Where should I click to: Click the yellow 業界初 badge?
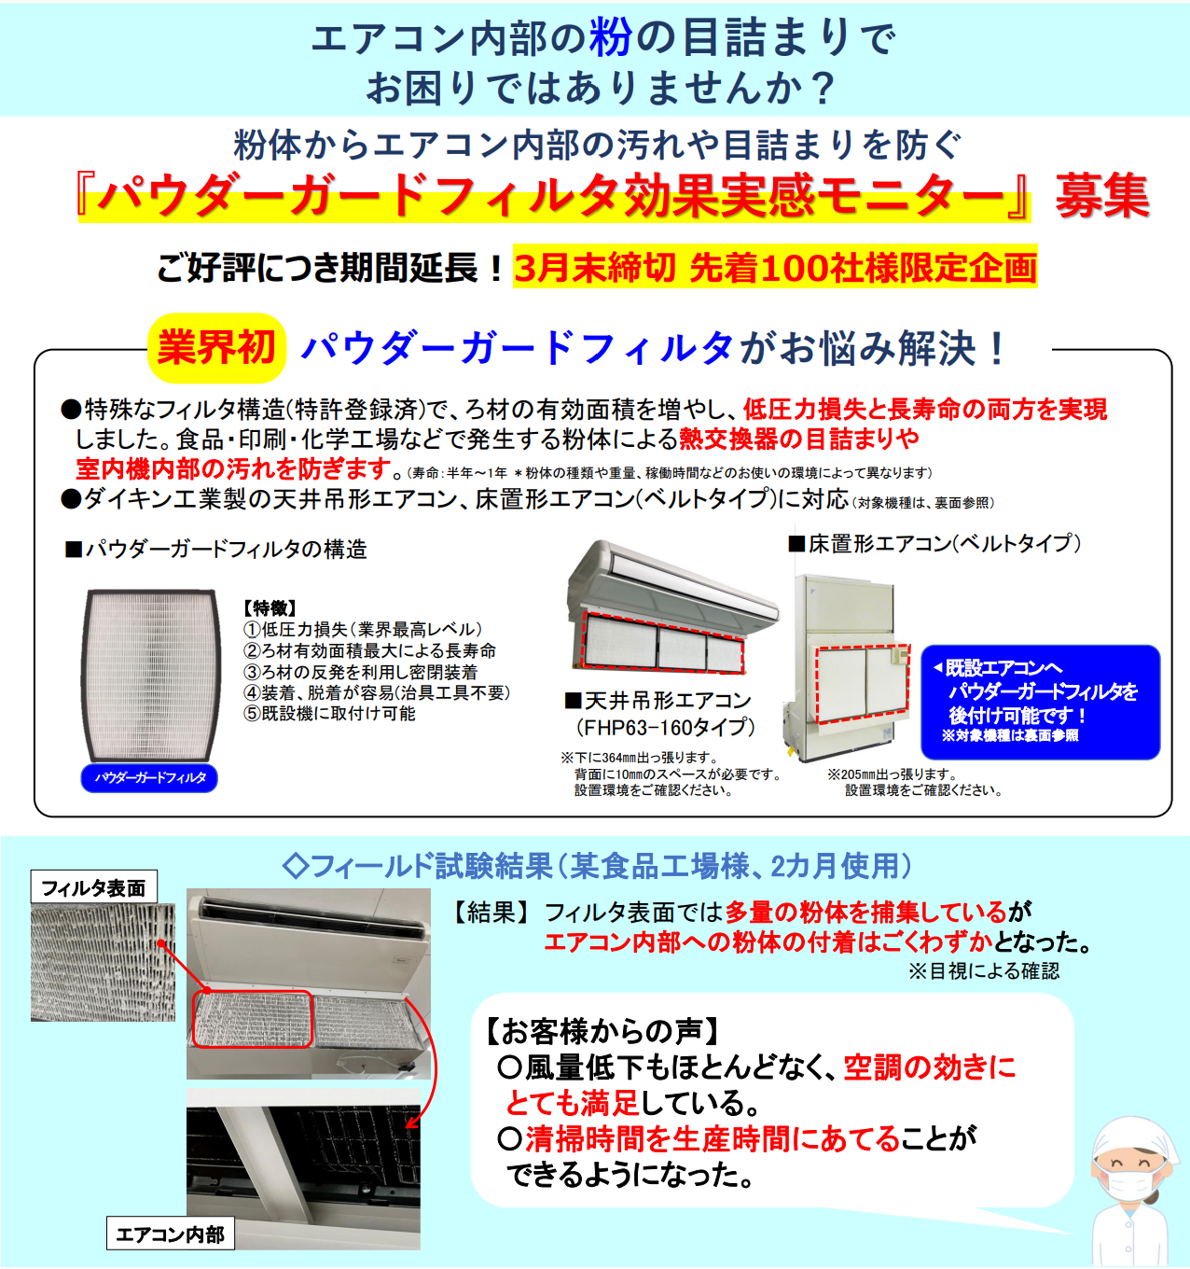click(x=216, y=348)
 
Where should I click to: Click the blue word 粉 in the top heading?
click(x=611, y=38)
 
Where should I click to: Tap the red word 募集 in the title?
click(x=1101, y=197)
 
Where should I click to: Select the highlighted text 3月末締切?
click(x=594, y=268)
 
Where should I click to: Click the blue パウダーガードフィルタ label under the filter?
click(x=149, y=777)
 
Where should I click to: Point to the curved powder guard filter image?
click(x=150, y=674)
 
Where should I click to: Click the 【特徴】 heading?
click(x=270, y=608)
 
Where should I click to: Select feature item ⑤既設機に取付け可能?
click(x=329, y=714)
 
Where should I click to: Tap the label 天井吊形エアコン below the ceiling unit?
click(x=658, y=701)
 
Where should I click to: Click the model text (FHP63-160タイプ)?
click(x=665, y=727)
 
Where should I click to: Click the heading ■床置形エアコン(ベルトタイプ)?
click(x=934, y=543)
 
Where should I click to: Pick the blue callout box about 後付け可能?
click(x=1040, y=702)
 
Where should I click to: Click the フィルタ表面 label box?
click(x=93, y=887)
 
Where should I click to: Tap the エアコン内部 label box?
click(x=170, y=1234)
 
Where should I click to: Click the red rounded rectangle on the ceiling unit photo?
click(x=252, y=1019)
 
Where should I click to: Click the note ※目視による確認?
click(x=984, y=971)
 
